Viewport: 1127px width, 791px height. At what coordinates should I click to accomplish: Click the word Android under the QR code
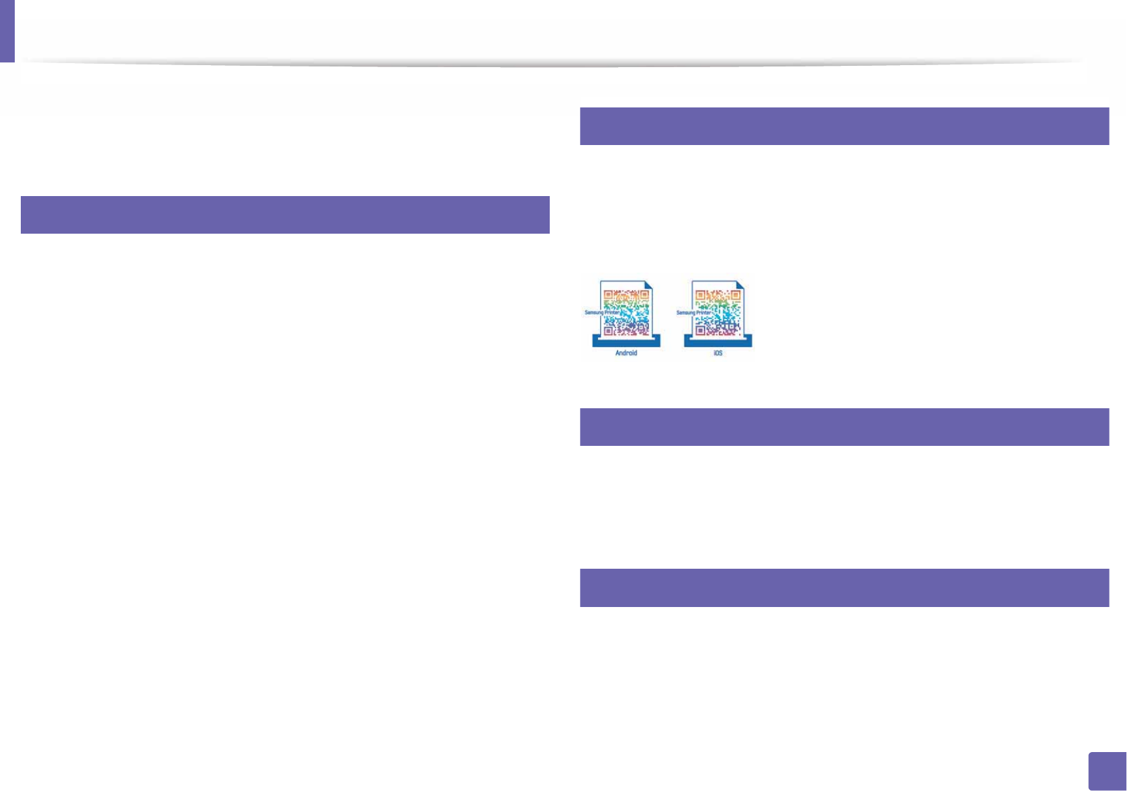click(x=626, y=353)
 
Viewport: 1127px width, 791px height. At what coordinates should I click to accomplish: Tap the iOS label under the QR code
click(x=718, y=353)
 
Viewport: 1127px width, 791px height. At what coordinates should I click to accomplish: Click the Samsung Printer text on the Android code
click(x=601, y=313)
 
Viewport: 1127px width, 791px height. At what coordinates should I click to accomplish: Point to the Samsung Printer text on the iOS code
click(x=693, y=313)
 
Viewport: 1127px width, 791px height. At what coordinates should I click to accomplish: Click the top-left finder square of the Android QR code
click(x=608, y=294)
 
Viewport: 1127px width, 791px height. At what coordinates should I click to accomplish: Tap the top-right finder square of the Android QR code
click(x=644, y=294)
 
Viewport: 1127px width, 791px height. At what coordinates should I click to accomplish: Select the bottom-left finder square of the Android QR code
click(x=608, y=330)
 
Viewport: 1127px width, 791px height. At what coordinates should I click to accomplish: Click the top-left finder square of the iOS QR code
click(x=700, y=294)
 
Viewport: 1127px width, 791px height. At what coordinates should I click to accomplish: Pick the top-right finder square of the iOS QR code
click(x=736, y=294)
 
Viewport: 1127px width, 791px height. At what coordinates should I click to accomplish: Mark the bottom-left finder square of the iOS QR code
click(x=700, y=330)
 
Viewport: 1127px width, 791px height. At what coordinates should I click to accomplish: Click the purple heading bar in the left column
click(x=285, y=215)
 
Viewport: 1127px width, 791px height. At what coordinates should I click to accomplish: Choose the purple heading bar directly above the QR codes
click(x=844, y=126)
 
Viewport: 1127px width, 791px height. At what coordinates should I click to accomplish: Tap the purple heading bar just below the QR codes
click(x=844, y=427)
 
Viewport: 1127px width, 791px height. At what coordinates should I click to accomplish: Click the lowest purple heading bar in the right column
click(x=844, y=588)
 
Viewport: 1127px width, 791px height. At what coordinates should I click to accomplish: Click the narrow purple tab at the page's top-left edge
click(x=7, y=30)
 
